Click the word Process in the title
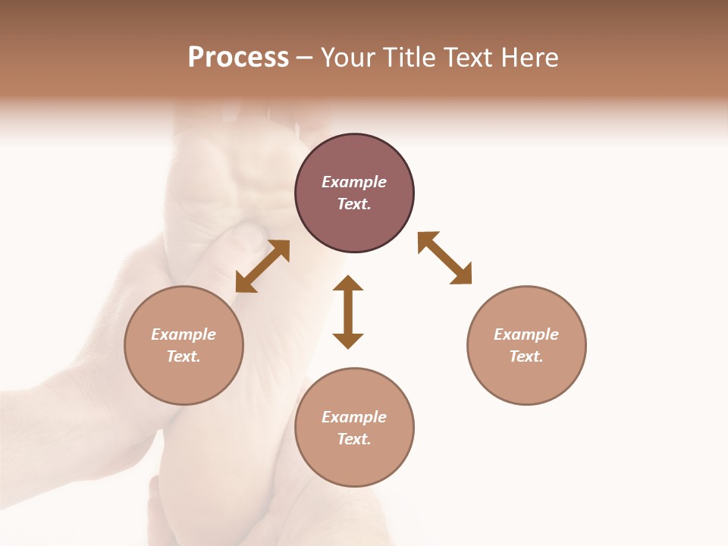[238, 58]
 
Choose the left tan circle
[184, 379]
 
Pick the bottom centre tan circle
[354, 463]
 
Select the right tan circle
[526, 379]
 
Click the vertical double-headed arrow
[348, 312]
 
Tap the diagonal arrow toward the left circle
[262, 266]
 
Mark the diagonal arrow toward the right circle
[444, 258]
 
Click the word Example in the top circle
[354, 182]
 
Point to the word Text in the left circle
[184, 356]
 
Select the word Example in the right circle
[526, 334]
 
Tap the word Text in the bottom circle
[354, 439]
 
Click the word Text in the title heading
[469, 58]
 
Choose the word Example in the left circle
[184, 334]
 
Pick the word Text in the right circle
[526, 356]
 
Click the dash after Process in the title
[305, 58]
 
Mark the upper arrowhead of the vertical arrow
[348, 284]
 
